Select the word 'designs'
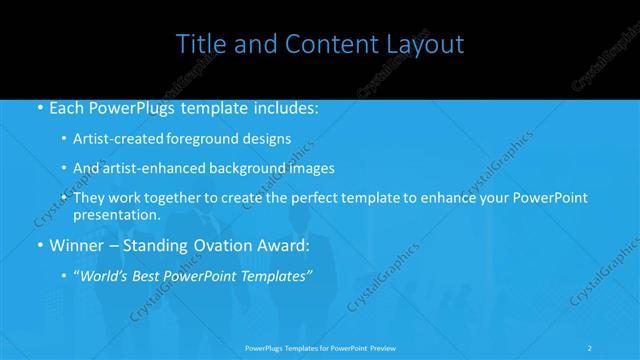[264, 138]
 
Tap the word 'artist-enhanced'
[153, 168]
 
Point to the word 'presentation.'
[116, 215]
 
